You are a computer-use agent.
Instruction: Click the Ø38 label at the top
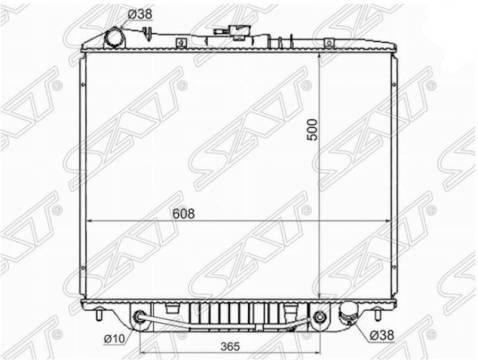click(x=140, y=14)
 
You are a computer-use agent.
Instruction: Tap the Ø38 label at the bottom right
click(x=382, y=335)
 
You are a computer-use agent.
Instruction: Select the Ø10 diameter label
click(x=114, y=339)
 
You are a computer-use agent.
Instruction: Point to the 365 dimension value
click(x=230, y=347)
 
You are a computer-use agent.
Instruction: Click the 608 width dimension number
click(x=184, y=214)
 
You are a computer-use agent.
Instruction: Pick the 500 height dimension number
click(x=312, y=130)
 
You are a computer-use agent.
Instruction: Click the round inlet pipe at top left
click(x=115, y=38)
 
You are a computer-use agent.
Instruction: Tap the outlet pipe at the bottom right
click(x=348, y=315)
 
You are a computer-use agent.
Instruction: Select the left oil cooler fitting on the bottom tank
click(x=139, y=317)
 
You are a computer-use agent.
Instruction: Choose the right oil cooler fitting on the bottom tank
click(x=319, y=317)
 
